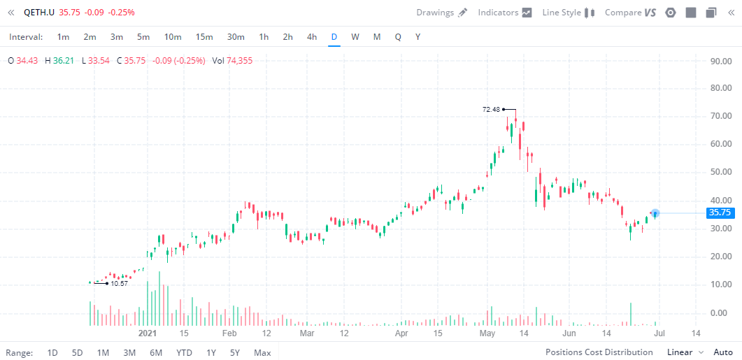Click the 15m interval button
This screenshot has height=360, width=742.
click(204, 36)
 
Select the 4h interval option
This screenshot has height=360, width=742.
click(312, 36)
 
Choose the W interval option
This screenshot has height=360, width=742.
click(355, 36)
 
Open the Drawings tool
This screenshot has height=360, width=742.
click(441, 13)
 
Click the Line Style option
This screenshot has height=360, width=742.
click(568, 13)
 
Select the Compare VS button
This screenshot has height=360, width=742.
click(630, 13)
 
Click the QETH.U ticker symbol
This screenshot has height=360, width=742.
click(39, 13)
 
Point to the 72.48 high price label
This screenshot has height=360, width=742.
click(492, 109)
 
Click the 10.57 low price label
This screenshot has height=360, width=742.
click(120, 283)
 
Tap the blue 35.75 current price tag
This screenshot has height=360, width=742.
click(719, 213)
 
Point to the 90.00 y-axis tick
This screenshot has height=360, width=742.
click(720, 61)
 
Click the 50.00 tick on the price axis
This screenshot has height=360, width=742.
click(720, 172)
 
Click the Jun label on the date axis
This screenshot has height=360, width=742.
click(569, 333)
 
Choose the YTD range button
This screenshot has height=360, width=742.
click(184, 352)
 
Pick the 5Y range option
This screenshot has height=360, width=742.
click(235, 352)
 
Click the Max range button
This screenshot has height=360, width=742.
click(262, 352)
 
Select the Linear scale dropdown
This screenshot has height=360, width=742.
click(685, 352)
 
